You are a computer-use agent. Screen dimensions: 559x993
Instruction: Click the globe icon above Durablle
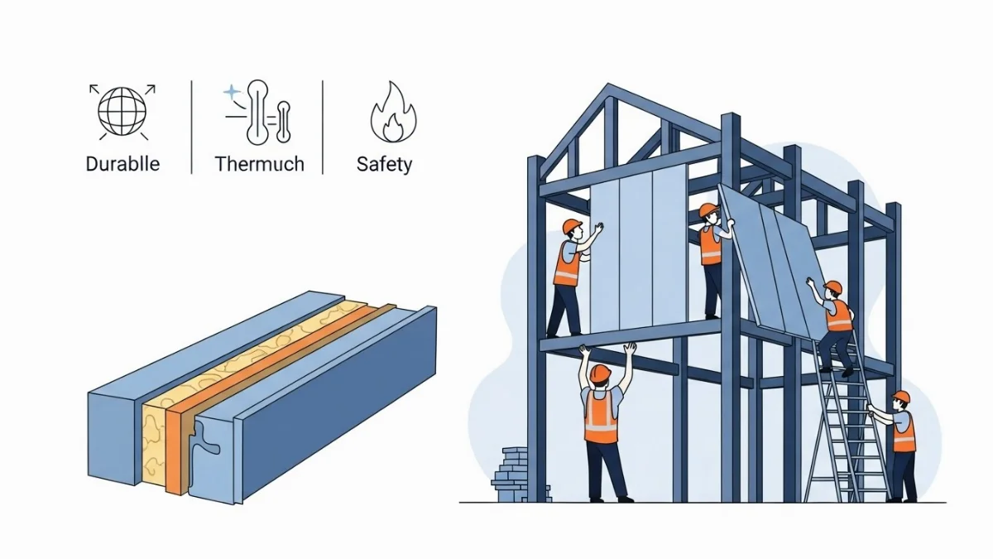122,111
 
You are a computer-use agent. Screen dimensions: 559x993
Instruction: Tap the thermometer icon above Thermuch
260,112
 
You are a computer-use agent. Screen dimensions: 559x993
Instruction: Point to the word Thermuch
259,164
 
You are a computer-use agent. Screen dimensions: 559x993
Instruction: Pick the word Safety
384,164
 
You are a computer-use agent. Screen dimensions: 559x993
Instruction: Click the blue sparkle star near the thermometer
232,92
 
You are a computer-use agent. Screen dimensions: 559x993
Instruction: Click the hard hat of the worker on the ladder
832,287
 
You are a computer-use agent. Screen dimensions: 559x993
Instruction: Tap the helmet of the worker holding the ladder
900,397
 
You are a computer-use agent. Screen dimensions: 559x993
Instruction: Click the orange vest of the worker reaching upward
601,416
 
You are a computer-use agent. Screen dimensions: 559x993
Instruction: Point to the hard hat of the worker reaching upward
600,373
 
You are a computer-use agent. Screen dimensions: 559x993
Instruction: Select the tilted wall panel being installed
774,257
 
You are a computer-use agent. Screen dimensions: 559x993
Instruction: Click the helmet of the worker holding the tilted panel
708,210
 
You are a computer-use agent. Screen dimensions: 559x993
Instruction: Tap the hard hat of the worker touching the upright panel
571,226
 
